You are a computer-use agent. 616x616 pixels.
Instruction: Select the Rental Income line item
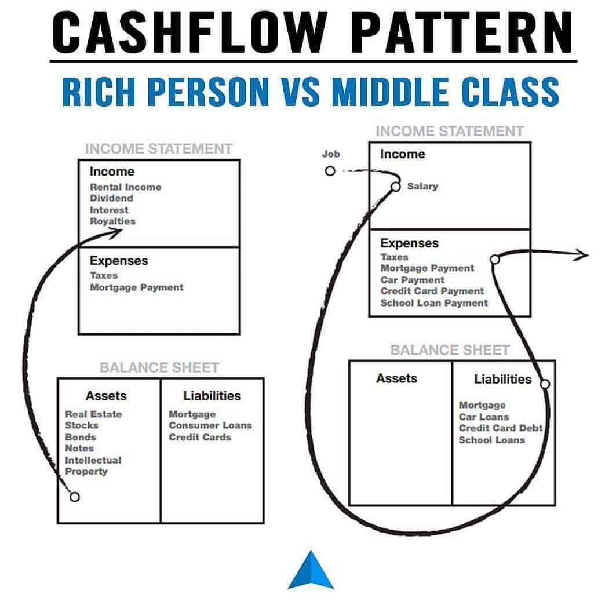pyautogui.click(x=126, y=187)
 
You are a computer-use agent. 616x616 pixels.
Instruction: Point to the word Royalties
pyautogui.click(x=112, y=221)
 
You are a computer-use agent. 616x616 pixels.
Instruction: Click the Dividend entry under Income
pyautogui.click(x=111, y=198)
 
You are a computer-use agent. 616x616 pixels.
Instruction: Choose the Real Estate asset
pyautogui.click(x=93, y=414)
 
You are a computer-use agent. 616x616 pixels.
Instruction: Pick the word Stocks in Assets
pyautogui.click(x=82, y=425)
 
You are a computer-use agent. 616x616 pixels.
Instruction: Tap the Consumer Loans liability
pyautogui.click(x=210, y=425)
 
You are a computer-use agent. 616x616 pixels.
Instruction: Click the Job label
pyautogui.click(x=331, y=154)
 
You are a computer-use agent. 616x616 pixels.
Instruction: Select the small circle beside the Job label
pyautogui.click(x=330, y=171)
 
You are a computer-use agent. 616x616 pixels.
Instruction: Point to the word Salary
pyautogui.click(x=422, y=187)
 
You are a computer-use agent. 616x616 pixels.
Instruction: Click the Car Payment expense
pyautogui.click(x=413, y=280)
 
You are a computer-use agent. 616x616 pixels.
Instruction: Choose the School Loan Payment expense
pyautogui.click(x=434, y=303)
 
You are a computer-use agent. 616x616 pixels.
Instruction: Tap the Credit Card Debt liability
pyautogui.click(x=501, y=428)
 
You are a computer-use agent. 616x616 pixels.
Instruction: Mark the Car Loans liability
pyautogui.click(x=484, y=417)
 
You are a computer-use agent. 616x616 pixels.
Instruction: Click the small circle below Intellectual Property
pyautogui.click(x=74, y=497)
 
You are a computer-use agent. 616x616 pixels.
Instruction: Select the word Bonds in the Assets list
pyautogui.click(x=81, y=438)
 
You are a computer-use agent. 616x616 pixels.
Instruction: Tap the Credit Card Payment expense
pyautogui.click(x=432, y=291)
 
